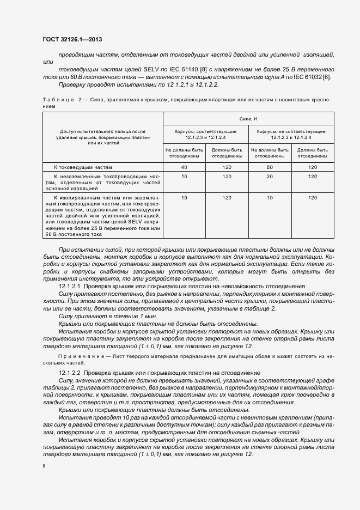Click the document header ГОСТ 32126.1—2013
click(72, 40)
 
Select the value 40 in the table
click(184, 167)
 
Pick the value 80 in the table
click(269, 167)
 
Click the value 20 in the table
click(269, 177)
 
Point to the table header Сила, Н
click(248, 119)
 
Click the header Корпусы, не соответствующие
click(291, 131)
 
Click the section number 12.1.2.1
click(69, 286)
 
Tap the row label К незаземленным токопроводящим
click(102, 177)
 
